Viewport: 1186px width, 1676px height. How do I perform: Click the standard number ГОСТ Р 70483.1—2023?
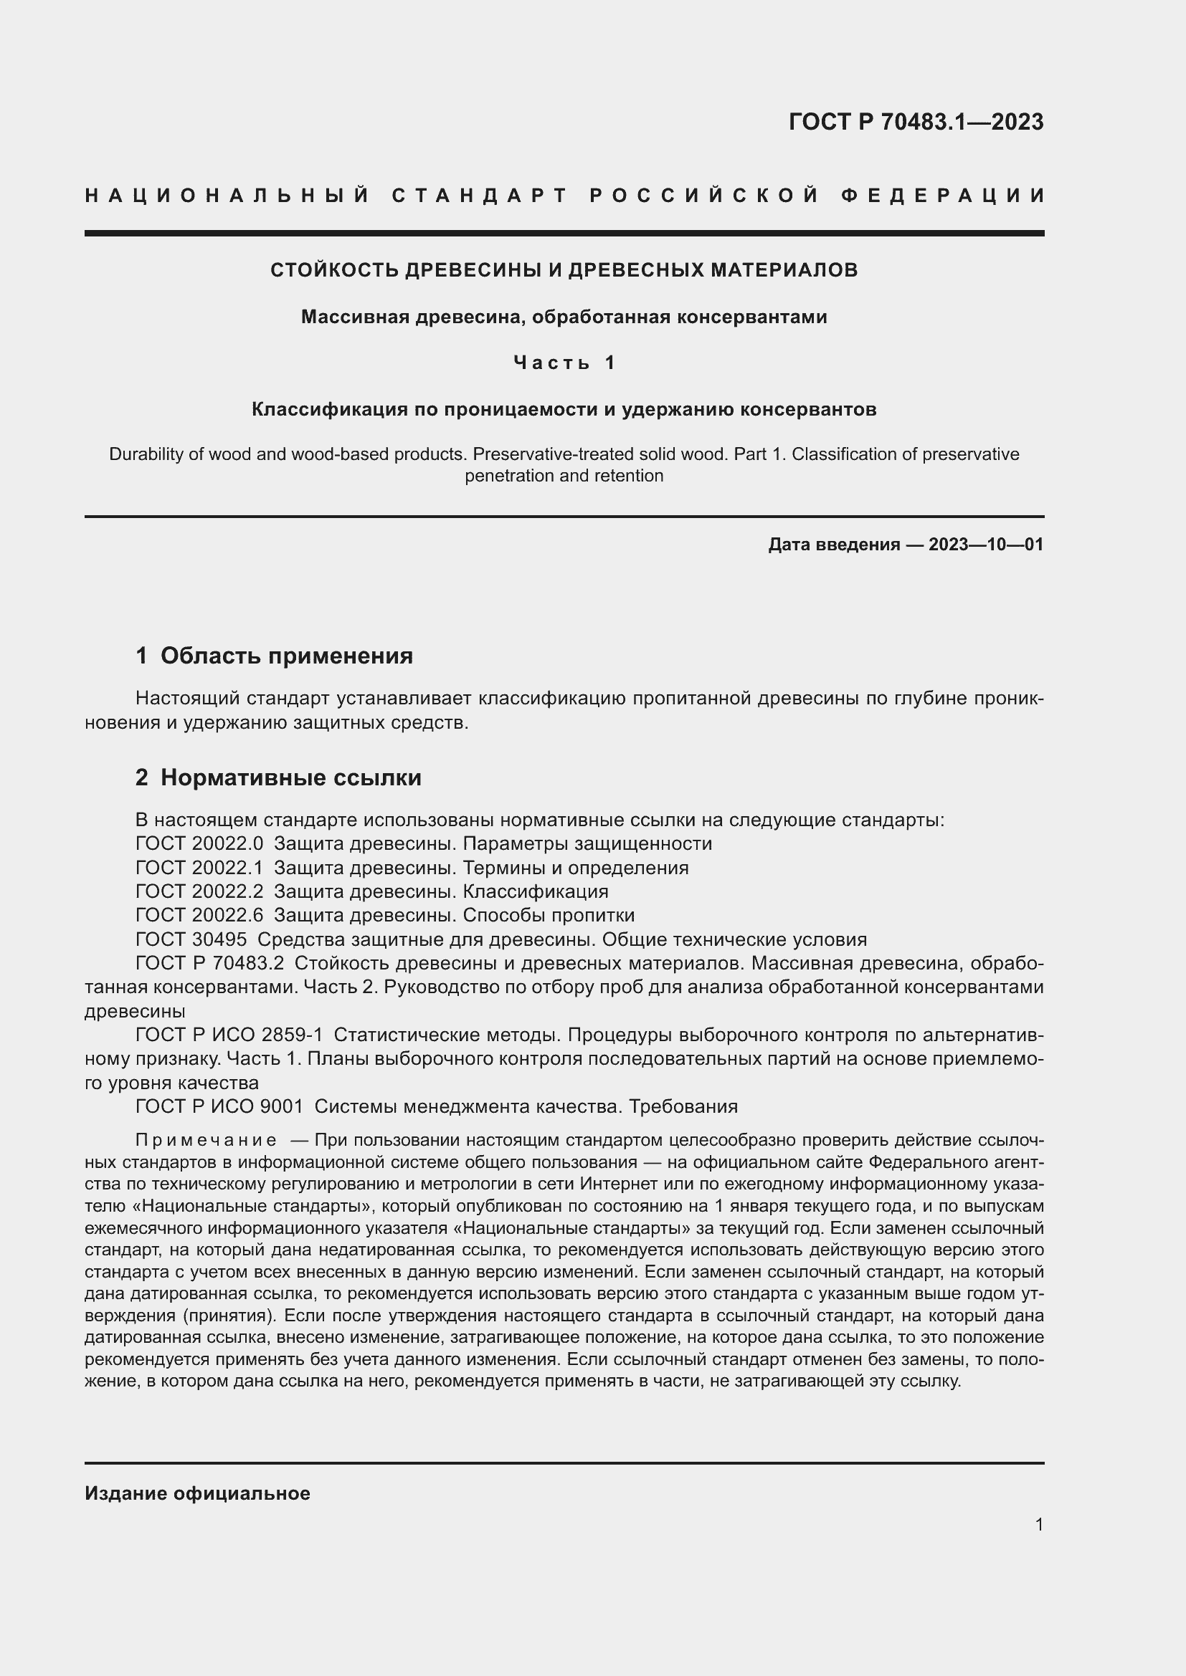(x=916, y=122)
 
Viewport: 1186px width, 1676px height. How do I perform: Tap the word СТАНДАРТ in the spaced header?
(x=480, y=196)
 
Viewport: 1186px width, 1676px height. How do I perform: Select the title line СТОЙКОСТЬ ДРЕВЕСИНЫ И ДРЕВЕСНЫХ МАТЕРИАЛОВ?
(x=564, y=270)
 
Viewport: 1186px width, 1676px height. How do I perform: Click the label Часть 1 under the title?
(x=564, y=363)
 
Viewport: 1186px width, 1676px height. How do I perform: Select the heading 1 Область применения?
(x=274, y=656)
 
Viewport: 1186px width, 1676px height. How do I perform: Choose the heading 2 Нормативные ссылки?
(x=278, y=777)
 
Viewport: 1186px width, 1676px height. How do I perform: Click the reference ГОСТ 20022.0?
(x=199, y=844)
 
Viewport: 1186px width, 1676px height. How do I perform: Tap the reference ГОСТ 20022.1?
(x=199, y=868)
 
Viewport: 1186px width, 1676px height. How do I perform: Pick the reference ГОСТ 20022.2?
(x=199, y=891)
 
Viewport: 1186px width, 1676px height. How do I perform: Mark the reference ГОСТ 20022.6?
(x=199, y=915)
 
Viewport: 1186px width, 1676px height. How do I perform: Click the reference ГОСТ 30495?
(x=191, y=939)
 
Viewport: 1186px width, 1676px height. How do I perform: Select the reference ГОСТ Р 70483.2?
(x=209, y=964)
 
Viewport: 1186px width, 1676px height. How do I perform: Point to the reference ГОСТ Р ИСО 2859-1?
(x=229, y=1035)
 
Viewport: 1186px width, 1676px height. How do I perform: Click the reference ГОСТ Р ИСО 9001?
(x=219, y=1106)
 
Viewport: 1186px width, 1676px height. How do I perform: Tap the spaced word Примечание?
(x=206, y=1140)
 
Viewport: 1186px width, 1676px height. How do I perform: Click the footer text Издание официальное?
(x=197, y=1493)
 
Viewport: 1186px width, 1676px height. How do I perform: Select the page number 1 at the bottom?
(x=1039, y=1525)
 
